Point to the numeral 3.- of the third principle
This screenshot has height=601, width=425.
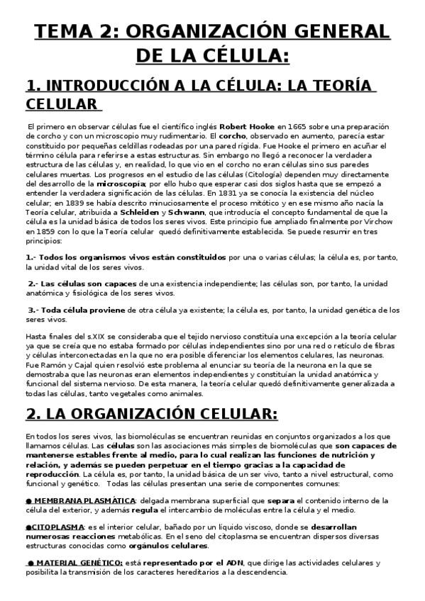(x=33, y=309)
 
